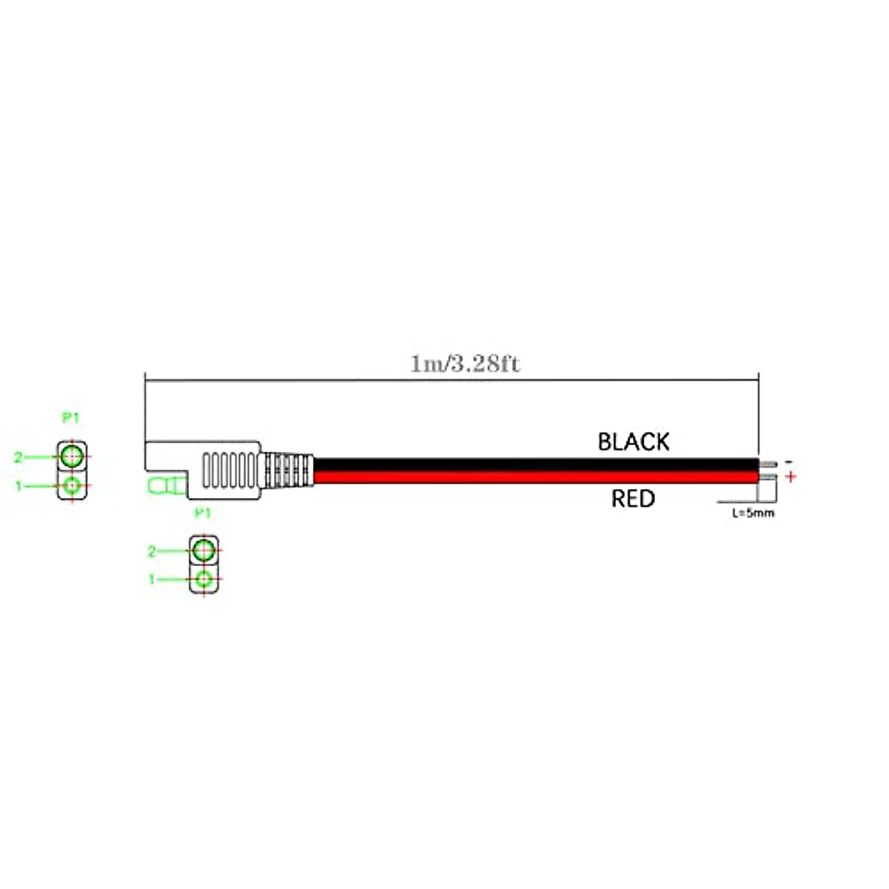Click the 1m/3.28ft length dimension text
coord(465,364)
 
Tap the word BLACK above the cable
coord(633,442)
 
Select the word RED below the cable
coord(633,499)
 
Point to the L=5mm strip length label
coord(753,513)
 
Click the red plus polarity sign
coord(791,476)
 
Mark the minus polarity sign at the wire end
coord(788,462)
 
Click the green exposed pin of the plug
coord(165,487)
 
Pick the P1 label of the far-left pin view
coord(70,418)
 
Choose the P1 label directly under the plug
coord(202,513)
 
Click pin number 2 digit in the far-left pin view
coord(19,458)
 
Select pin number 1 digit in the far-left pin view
coord(19,486)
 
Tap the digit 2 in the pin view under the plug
coord(152,551)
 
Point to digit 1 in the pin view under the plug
coord(152,579)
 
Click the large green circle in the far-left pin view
coord(72,456)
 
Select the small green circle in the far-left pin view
coord(72,486)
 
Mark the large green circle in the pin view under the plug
coord(204,550)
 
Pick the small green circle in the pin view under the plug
coord(204,579)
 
